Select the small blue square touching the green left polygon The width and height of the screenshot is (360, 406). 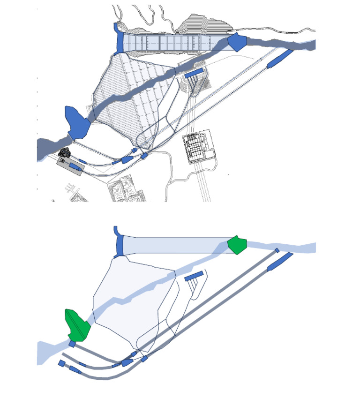[72, 344]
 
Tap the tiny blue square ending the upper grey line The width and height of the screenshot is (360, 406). [277, 250]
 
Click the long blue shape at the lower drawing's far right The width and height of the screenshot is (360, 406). [280, 262]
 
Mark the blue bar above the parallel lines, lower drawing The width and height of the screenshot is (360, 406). [194, 276]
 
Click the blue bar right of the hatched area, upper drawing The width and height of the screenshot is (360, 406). [194, 73]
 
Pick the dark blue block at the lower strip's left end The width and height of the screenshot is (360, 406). [119, 245]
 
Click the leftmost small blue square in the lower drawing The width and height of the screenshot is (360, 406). [61, 363]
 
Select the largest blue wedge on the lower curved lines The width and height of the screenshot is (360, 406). [127, 362]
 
